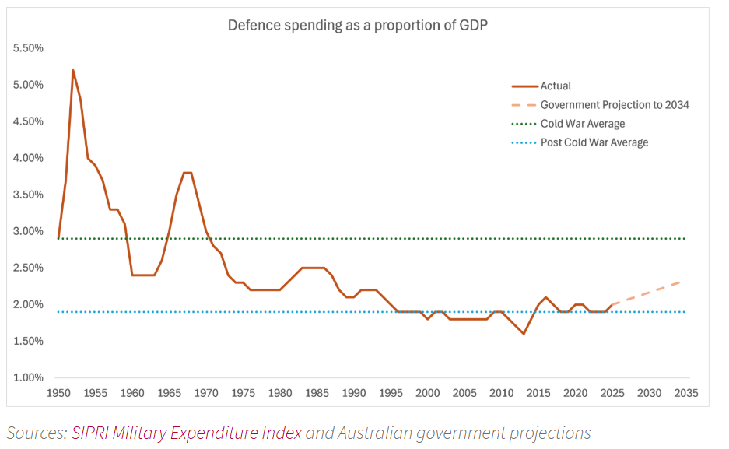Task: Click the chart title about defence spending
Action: tap(358, 25)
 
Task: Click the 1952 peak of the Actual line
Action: tap(73, 71)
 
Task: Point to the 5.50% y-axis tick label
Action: tap(29, 48)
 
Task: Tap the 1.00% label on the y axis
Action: tap(29, 378)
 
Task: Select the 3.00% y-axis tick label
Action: tap(29, 231)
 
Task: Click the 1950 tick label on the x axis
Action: tap(58, 393)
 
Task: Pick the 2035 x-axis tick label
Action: tap(685, 393)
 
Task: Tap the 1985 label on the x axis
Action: tap(317, 393)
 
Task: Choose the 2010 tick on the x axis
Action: tap(501, 393)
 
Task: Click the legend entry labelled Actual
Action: tap(556, 86)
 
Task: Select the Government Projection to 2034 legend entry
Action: tap(615, 105)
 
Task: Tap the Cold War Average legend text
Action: tap(582, 124)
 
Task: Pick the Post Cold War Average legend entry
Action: tap(594, 142)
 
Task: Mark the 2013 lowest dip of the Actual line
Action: tap(524, 334)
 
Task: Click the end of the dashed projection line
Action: tap(682, 282)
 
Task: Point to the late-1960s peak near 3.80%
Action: tap(188, 173)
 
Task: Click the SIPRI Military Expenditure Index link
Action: tap(186, 433)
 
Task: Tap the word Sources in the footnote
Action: tap(35, 433)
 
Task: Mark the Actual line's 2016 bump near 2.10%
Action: tap(545, 297)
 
